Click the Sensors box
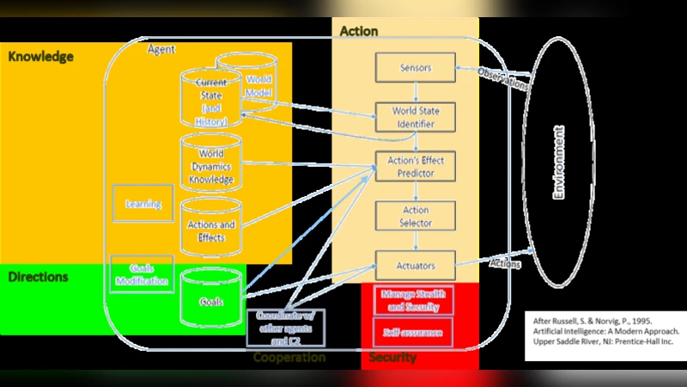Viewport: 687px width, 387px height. [416, 67]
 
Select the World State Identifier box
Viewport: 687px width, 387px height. [416, 117]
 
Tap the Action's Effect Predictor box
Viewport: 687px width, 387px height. [416, 166]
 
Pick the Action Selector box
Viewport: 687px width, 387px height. [416, 216]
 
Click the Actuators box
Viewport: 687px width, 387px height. [416, 265]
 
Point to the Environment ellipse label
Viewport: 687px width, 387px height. [559, 163]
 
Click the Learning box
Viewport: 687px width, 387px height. [143, 205]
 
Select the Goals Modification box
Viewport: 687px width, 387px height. [142, 274]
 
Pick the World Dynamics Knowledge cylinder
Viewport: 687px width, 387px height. [210, 167]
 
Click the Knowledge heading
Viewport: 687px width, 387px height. [40, 57]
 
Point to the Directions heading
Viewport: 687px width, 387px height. [38, 278]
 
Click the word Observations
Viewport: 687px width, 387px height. [503, 79]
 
